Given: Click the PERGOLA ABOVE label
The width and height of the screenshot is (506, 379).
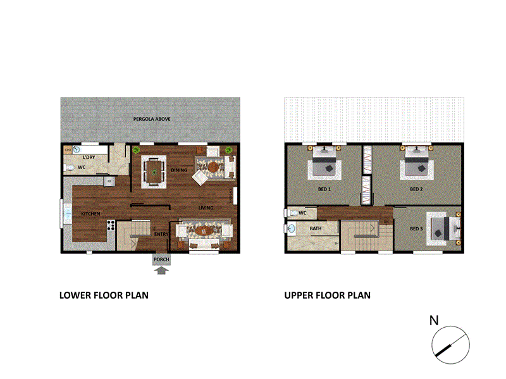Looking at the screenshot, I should click(x=151, y=119).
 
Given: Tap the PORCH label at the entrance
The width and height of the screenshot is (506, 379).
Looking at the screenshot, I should click(x=161, y=259).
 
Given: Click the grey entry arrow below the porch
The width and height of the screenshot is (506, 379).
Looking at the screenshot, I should click(x=161, y=271).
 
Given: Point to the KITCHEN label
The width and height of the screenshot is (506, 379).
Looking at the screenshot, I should click(x=90, y=214).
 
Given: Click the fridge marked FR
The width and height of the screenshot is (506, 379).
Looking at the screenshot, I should click(x=108, y=182).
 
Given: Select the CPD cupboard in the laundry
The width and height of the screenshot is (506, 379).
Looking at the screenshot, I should click(x=68, y=150).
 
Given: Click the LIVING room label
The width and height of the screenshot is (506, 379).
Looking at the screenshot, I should click(x=206, y=208).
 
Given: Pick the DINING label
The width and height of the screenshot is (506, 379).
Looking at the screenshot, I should click(x=178, y=170).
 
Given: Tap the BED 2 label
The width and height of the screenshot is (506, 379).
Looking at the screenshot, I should click(x=416, y=189).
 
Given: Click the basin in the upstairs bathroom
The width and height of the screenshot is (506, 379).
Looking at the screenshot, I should click(x=292, y=228).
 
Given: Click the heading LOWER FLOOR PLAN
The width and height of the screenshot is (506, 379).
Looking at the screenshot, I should click(x=104, y=295).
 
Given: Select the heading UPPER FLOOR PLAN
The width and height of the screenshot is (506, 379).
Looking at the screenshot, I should click(x=327, y=295).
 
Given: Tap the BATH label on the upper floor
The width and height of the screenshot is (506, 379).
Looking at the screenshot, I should click(x=315, y=229).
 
